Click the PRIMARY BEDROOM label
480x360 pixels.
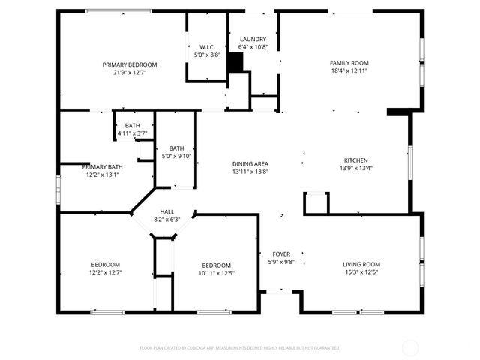(130, 64)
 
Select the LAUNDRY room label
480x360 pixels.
(253, 39)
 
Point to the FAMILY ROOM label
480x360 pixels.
(349, 63)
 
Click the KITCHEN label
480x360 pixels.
(355, 160)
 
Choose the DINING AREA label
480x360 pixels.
(250, 164)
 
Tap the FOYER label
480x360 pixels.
(281, 254)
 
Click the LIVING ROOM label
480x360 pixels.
(361, 264)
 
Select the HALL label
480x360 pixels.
(166, 212)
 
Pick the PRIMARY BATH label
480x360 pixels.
(102, 166)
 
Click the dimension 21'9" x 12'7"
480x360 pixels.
(130, 73)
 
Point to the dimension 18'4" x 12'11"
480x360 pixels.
(349, 70)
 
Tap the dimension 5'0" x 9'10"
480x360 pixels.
(177, 156)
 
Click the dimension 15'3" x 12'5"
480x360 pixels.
(361, 272)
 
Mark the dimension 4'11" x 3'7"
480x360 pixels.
(132, 133)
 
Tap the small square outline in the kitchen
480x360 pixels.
(316, 203)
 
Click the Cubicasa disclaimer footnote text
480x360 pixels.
(240, 347)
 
